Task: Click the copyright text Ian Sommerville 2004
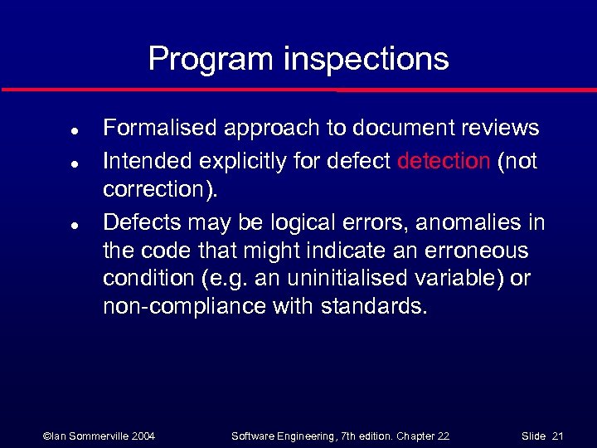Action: [99, 436]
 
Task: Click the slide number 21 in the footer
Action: [557, 436]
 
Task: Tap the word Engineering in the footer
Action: [301, 436]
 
